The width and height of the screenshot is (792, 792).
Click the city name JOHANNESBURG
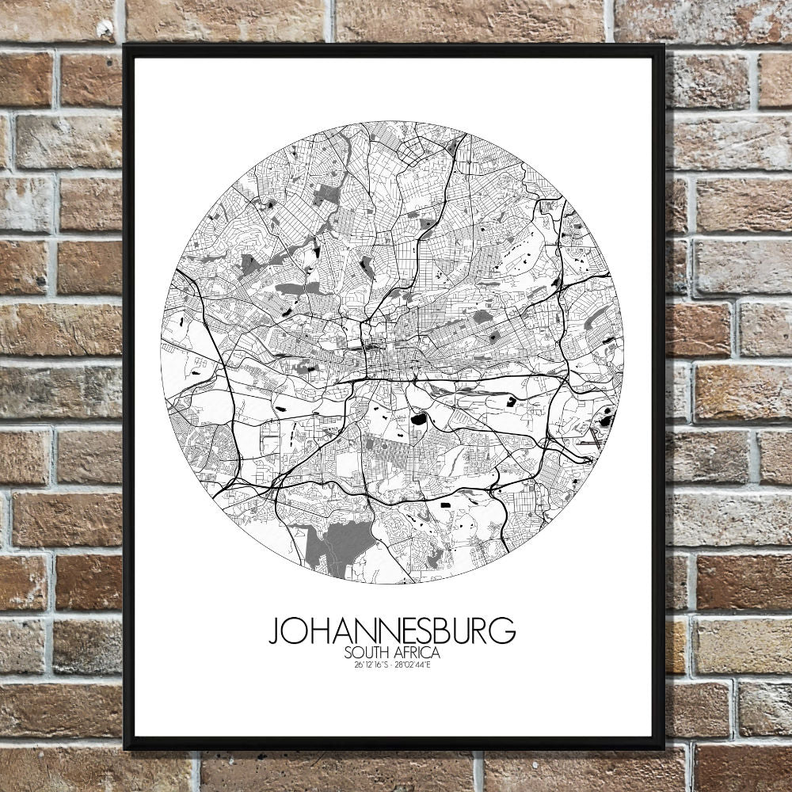pyautogui.click(x=392, y=631)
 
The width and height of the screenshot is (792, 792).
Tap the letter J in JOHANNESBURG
pyautogui.click(x=273, y=632)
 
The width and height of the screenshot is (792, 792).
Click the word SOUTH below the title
pyautogui.click(x=368, y=653)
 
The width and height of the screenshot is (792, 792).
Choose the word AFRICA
pyautogui.click(x=417, y=653)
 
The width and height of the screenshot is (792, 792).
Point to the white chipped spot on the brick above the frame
pyautogui.click(x=105, y=29)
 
